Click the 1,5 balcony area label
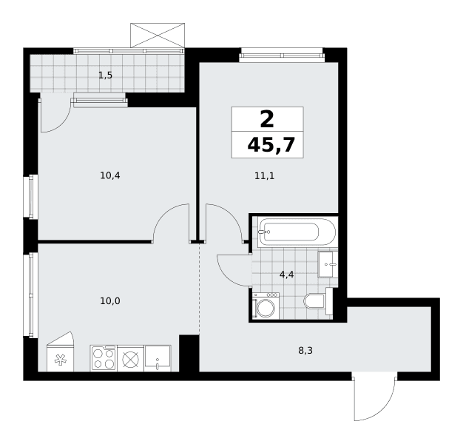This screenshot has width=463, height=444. click(106, 75)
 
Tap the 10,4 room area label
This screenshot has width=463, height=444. click(110, 176)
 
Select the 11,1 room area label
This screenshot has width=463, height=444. click(265, 176)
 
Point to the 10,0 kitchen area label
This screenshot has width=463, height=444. click(110, 301)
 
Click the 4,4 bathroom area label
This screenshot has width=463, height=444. click(287, 275)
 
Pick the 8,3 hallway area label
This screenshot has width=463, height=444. click(305, 351)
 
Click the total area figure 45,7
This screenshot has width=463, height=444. click(271, 145)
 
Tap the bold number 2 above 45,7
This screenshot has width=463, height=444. click(267, 119)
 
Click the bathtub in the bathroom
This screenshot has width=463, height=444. click(297, 232)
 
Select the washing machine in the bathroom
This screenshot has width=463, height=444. click(266, 306)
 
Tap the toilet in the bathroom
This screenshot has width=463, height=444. click(318, 301)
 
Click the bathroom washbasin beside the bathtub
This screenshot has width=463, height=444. click(328, 264)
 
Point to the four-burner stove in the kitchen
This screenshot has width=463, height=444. click(104, 358)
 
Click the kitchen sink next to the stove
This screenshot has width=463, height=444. click(158, 358)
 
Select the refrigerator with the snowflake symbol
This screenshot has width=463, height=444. click(60, 351)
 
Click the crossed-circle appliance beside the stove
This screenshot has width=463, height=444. click(130, 358)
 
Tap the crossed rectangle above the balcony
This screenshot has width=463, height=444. click(158, 36)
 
